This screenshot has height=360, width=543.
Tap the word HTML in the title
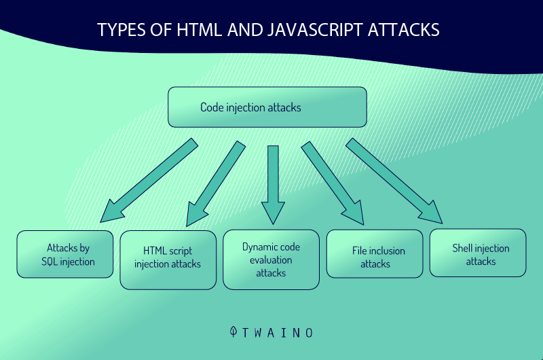click(x=199, y=30)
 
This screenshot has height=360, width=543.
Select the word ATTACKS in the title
click(x=404, y=30)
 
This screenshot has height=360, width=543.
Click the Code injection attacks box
click(x=267, y=107)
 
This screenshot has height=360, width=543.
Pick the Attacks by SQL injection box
click(x=65, y=254)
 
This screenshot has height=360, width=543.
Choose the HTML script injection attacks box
click(x=168, y=260)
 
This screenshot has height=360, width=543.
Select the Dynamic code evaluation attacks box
click(x=271, y=259)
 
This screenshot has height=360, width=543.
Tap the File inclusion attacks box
click(x=375, y=253)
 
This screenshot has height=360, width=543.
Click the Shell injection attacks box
click(x=478, y=253)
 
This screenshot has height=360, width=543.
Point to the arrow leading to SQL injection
click(x=149, y=180)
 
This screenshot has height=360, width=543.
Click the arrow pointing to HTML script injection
click(x=216, y=183)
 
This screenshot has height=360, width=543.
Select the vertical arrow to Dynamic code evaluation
click(x=273, y=185)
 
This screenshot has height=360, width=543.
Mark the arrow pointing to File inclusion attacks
click(x=333, y=183)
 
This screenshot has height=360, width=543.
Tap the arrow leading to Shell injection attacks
click(x=394, y=181)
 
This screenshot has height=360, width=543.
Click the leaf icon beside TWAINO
click(x=233, y=331)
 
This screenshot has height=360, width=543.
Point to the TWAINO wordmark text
click(x=278, y=333)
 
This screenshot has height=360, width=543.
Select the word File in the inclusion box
click(x=359, y=251)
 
